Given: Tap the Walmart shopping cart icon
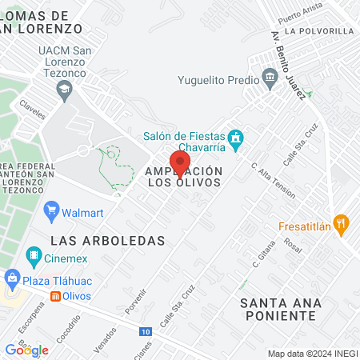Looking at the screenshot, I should (52, 212).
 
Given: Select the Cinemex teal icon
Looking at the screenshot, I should (34, 257).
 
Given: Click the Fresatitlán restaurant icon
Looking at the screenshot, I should (342, 225).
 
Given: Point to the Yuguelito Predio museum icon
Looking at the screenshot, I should (270, 80).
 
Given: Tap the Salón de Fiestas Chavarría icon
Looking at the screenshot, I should (235, 141).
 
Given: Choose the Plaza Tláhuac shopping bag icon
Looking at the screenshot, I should (11, 279).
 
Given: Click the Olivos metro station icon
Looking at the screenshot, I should (54, 296).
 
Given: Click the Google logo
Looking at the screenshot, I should (26, 350).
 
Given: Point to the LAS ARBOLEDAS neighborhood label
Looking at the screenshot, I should (107, 240).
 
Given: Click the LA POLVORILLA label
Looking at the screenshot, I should (318, 30).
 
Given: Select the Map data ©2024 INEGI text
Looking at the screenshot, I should (311, 353).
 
